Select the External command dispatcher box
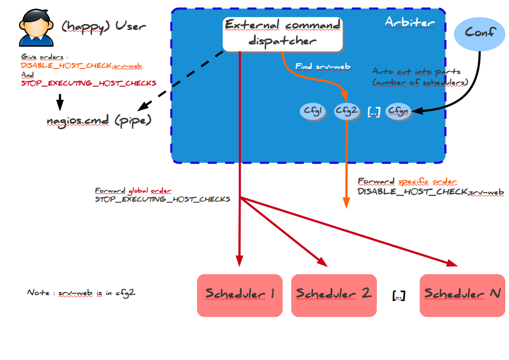coord(282,34)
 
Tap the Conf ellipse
coord(480,33)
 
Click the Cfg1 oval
coord(313,111)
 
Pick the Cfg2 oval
coord(347,111)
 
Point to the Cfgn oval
coord(398,111)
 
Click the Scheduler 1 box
coord(239,295)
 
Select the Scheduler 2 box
coord(334,295)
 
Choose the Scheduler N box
coord(462,295)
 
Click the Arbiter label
coord(409,22)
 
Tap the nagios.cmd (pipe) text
coord(99,122)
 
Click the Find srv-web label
coord(323,67)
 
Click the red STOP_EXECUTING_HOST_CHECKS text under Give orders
coord(88,83)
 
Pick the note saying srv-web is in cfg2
coord(81,293)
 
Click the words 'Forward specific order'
coord(407,182)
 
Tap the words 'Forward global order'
coord(133,191)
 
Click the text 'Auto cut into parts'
coord(416,72)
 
